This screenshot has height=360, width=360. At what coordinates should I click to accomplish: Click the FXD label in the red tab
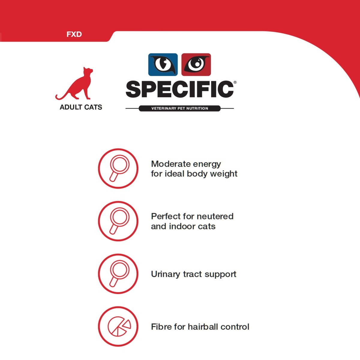pos(74,34)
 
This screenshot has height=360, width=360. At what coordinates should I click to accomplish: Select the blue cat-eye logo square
pos(163,64)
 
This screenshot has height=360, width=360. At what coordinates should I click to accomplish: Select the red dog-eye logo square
pos(196,64)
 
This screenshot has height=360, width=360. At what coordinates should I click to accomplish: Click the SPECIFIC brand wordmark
pos(180,89)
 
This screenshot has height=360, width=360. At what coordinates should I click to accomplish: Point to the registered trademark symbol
pos(235,82)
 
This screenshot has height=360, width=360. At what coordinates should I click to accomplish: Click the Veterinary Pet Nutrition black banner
pos(180,108)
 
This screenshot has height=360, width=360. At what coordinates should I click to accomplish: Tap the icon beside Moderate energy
pos(118,169)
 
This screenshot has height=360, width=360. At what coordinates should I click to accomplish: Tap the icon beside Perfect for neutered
pos(118,221)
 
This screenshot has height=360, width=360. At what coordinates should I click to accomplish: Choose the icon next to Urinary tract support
pos(118,274)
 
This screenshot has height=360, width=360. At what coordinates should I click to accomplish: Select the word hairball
pos(203,327)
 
